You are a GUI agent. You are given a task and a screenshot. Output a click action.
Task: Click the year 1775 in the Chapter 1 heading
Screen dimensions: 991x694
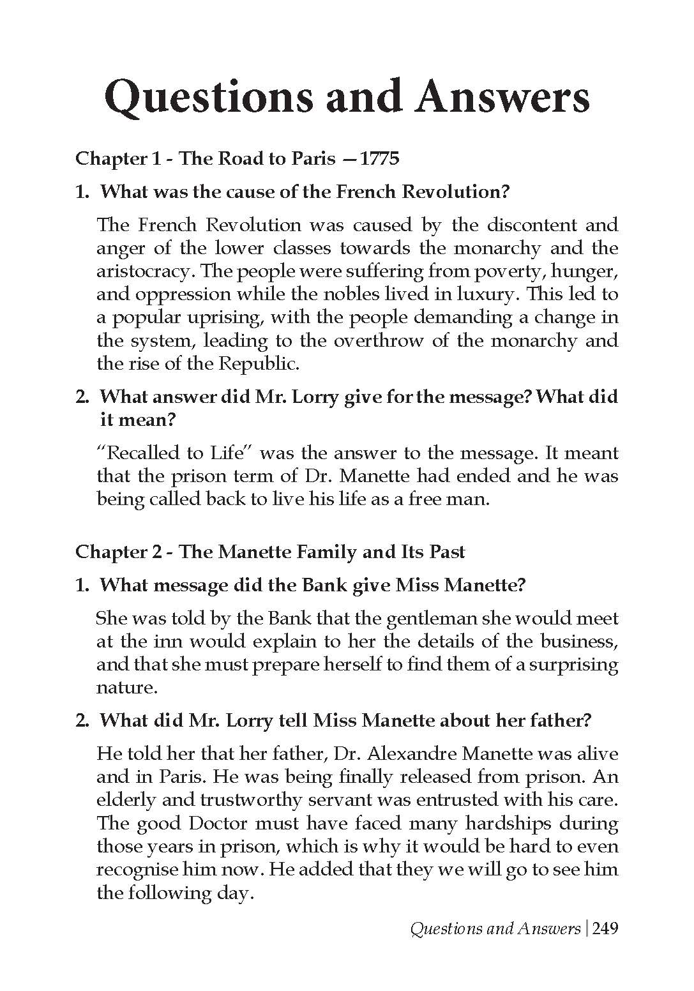click(380, 158)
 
